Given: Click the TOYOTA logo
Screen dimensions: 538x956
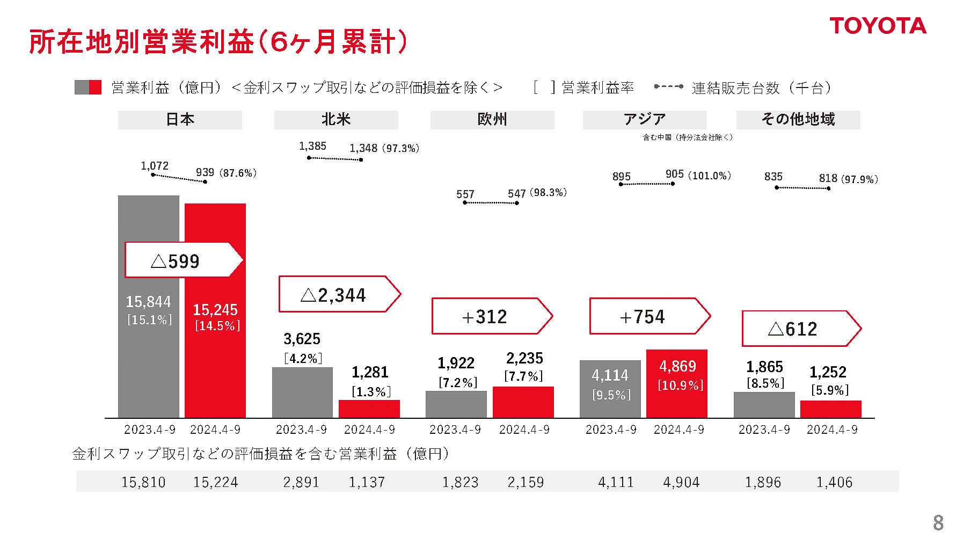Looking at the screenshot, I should [x=878, y=26].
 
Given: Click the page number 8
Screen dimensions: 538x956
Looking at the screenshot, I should [x=938, y=522].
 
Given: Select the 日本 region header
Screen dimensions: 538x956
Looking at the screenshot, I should [x=180, y=120].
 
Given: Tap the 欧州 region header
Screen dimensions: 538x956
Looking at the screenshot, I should [x=492, y=120].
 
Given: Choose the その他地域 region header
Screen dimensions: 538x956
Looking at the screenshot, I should [x=798, y=120].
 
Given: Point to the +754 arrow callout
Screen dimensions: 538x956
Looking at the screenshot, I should [x=649, y=317].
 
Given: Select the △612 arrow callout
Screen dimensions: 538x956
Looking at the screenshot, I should [x=800, y=329].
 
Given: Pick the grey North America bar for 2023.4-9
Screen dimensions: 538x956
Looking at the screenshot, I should [x=302, y=392].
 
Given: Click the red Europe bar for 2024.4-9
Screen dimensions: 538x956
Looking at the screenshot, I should [x=523, y=402].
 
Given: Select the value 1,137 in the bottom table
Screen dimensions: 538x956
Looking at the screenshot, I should [x=367, y=482].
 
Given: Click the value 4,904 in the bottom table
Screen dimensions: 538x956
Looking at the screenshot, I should [x=681, y=482].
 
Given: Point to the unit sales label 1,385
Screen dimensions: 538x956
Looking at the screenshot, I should [x=312, y=146].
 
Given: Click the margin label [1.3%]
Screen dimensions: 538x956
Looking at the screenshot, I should [x=371, y=392].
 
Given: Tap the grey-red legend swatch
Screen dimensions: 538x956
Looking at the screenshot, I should [x=88, y=88].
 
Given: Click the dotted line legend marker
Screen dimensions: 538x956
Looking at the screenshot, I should [x=668, y=86].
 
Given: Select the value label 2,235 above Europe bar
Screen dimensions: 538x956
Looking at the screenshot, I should [x=524, y=358].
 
